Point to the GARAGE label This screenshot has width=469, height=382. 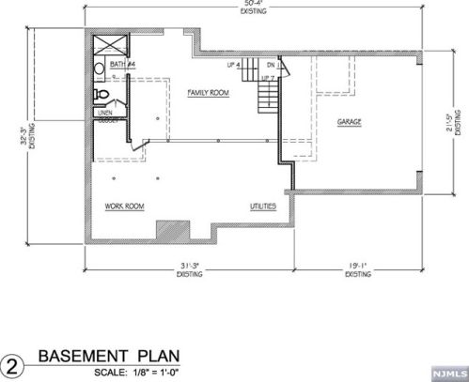coord(350,122)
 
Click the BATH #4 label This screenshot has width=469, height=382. coord(123,65)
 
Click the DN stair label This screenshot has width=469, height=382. coord(271,64)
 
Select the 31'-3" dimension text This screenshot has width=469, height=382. coord(192,269)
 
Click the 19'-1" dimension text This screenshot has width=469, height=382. coord(358,269)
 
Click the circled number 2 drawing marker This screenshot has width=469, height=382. coord(14,363)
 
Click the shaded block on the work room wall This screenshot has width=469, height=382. coord(172,230)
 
